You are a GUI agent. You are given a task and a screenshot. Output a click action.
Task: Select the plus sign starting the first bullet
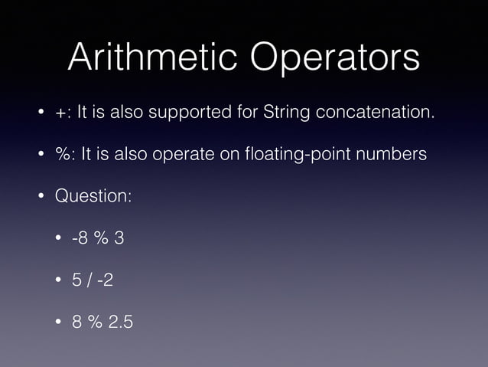59,113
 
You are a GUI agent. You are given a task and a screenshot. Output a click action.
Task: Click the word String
285,113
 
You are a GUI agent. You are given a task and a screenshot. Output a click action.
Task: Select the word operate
183,155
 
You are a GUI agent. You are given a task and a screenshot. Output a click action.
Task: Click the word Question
92,196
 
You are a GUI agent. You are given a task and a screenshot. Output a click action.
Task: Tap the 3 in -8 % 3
119,238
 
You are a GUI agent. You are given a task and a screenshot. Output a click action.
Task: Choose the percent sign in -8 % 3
101,238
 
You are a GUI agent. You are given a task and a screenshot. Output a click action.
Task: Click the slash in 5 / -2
89,280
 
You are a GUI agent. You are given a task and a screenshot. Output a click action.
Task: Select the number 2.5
121,322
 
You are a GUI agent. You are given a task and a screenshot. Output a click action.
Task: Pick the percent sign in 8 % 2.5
96,322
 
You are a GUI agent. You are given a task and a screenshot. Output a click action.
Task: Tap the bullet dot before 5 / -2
58,280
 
